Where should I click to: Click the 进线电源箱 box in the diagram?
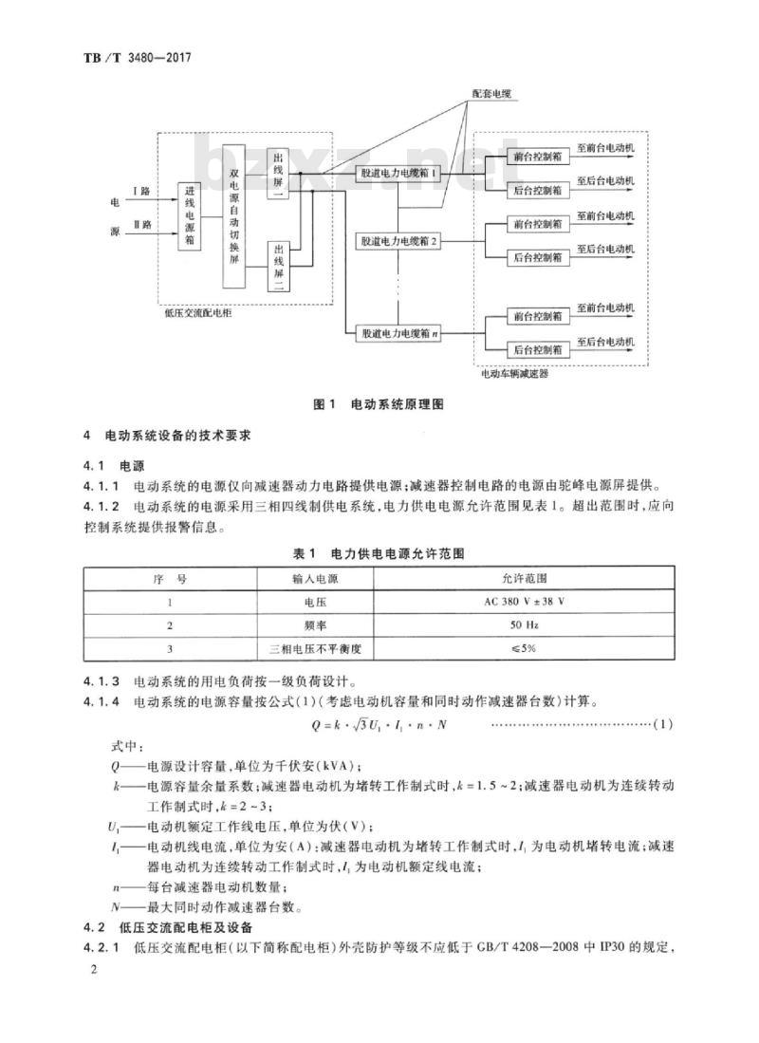coord(190,216)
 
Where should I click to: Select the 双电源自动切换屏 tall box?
coord(233,215)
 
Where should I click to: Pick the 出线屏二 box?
coord(278,266)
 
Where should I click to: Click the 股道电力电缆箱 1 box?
coord(398,174)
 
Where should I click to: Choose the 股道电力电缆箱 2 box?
coord(398,241)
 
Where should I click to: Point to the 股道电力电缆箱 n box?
coord(398,333)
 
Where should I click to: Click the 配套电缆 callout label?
coord(491,94)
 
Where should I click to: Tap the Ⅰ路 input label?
coord(141,191)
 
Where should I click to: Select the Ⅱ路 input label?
coord(141,225)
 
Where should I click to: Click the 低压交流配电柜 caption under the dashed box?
coord(198,312)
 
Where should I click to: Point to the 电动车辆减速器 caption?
coord(515,374)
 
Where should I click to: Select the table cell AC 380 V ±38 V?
coord(524,602)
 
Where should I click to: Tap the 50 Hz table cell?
coord(524,625)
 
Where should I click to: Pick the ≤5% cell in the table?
coord(524,648)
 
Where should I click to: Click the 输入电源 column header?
coord(315,579)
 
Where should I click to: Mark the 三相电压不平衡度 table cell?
coord(315,648)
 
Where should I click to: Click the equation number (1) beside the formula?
coord(663,724)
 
